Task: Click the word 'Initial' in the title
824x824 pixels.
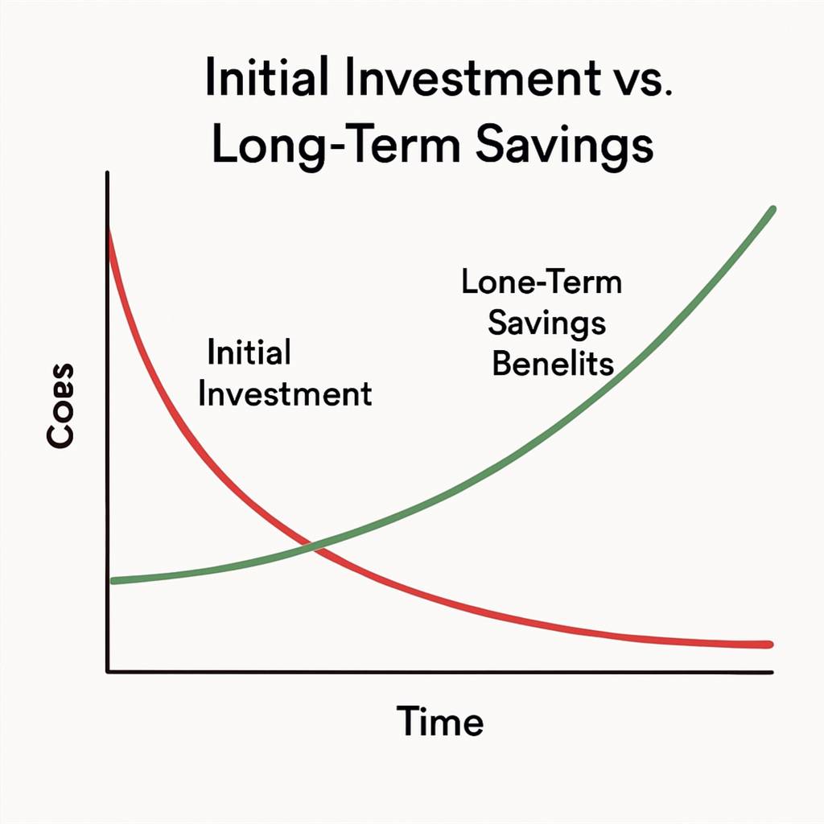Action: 267,76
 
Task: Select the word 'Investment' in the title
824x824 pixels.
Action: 473,76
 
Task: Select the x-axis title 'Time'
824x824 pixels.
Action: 440,721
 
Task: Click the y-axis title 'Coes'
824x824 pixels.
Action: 60,406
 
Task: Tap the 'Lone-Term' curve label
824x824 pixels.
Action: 542,282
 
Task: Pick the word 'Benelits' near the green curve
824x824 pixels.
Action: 553,363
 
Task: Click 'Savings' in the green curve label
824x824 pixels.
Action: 546,323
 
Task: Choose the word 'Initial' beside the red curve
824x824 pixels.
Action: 249,352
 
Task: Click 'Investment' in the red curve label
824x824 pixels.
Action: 285,394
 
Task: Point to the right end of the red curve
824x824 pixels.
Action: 770,645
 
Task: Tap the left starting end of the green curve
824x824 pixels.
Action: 113,581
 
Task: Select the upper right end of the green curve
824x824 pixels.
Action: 773,209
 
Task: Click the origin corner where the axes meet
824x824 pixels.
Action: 108,671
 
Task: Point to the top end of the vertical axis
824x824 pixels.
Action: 107,172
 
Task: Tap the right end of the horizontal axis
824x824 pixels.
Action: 772,672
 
